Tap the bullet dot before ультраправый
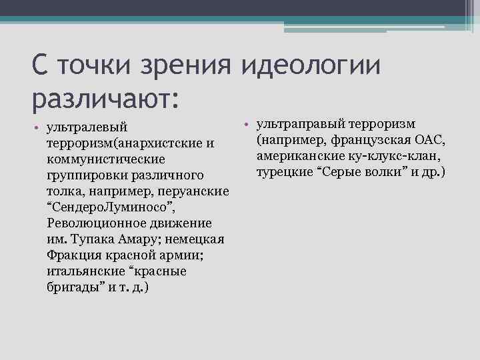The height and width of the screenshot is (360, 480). (247, 125)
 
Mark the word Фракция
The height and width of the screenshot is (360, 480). (71, 255)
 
